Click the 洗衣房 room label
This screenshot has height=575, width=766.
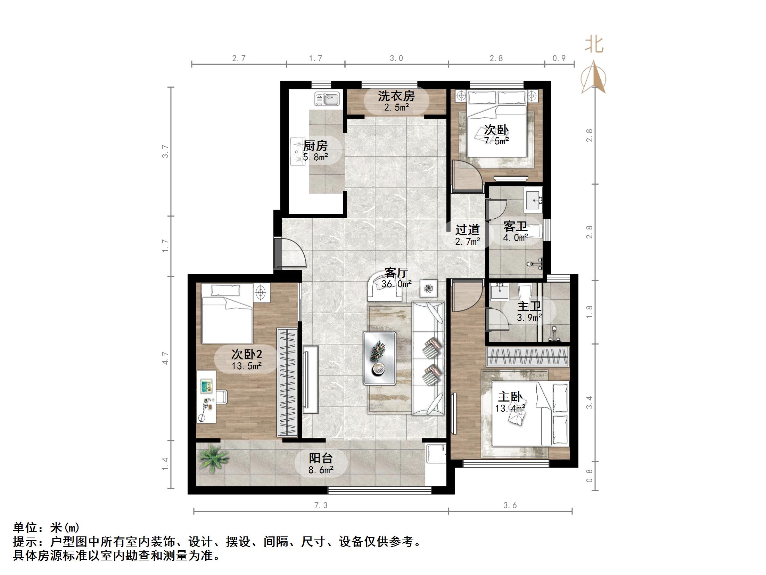pos(396,96)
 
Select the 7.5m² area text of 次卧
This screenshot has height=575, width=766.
pos(496,141)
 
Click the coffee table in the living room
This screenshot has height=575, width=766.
pos(379,358)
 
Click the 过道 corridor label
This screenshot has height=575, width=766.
pos(467,229)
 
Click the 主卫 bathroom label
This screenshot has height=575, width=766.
pos(529,307)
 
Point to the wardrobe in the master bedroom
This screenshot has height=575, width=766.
pos(528,357)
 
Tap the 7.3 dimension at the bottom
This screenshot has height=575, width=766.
pos(321,505)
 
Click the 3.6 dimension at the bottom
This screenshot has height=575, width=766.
pos(510,505)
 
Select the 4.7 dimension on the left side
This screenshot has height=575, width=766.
pos(166,358)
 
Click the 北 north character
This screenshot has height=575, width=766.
pos(594,45)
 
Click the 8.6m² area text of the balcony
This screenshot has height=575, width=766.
pos(321,470)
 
